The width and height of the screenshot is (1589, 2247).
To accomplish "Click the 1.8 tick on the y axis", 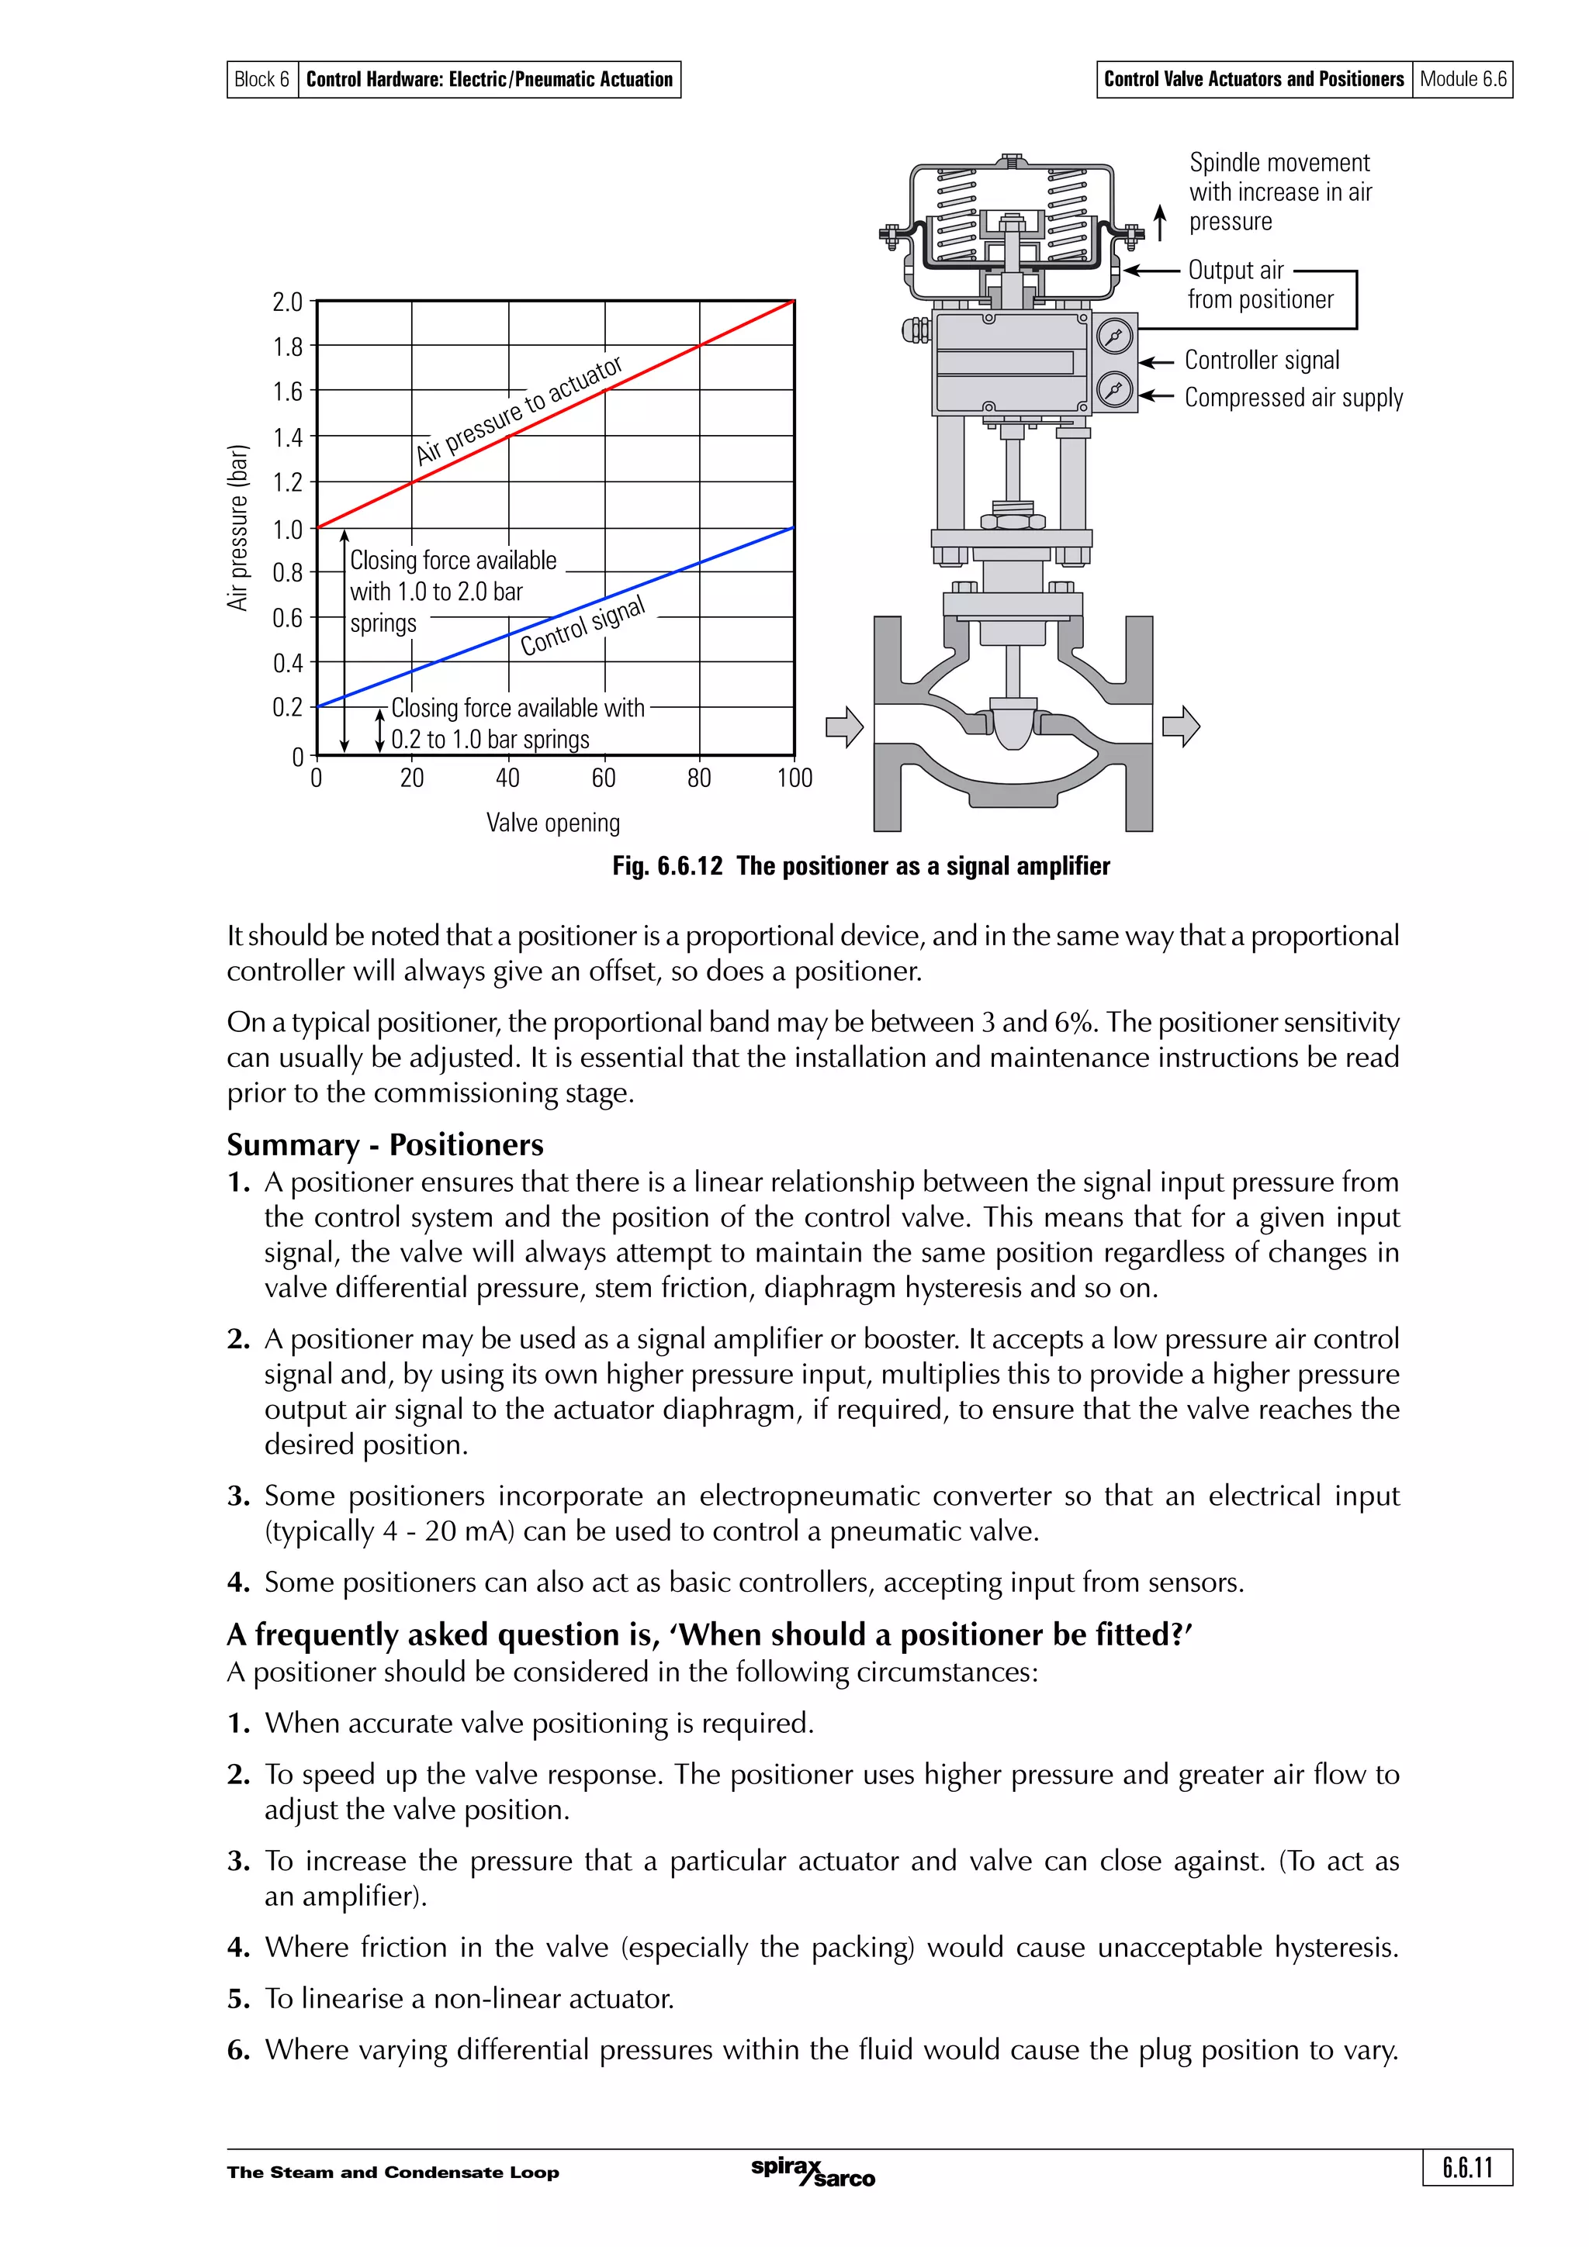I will click(x=288, y=347).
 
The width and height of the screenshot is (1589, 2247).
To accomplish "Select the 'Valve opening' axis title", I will click(x=553, y=823).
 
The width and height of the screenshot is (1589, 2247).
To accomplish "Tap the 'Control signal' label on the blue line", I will click(x=583, y=626).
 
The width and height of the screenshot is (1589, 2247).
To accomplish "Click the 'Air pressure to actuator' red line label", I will click(x=518, y=410).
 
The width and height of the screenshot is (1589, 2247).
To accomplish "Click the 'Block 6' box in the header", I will click(x=261, y=79).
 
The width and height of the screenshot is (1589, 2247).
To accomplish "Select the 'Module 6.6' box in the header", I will click(x=1463, y=79).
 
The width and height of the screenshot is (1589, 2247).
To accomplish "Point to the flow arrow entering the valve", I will click(x=844, y=727).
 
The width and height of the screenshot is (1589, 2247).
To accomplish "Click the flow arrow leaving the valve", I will click(x=1181, y=727).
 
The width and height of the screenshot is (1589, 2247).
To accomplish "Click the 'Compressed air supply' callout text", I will click(x=1293, y=397).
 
